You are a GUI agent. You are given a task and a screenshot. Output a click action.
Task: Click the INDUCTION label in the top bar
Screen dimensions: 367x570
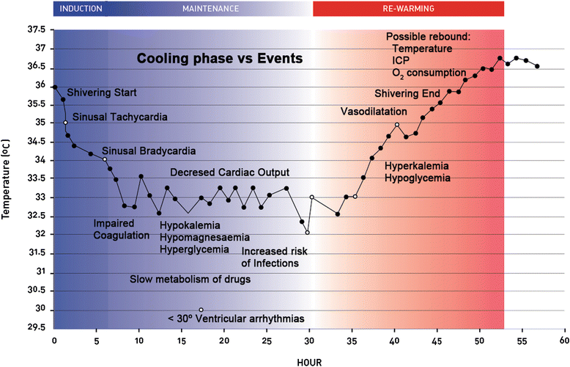coord(81,9)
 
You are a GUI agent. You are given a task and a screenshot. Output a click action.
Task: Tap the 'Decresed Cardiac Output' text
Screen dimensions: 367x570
coord(230,172)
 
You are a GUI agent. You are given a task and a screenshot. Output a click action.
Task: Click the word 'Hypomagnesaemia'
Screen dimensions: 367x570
coord(204,238)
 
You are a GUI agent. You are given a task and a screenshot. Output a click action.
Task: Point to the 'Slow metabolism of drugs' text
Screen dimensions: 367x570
coord(190,279)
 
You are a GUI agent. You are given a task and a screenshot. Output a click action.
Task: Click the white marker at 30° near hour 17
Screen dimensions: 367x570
coord(201,310)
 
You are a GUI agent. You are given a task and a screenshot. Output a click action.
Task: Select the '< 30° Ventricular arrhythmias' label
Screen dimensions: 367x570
coord(236,319)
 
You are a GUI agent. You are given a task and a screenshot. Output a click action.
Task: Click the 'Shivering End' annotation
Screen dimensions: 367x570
coord(407,94)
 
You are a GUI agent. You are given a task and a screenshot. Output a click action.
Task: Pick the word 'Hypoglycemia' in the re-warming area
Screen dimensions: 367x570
coord(417,178)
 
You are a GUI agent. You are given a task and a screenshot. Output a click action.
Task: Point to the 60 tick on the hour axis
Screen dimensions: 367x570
coord(563,342)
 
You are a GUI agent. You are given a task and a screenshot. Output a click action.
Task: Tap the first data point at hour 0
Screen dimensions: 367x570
coord(54,87)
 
